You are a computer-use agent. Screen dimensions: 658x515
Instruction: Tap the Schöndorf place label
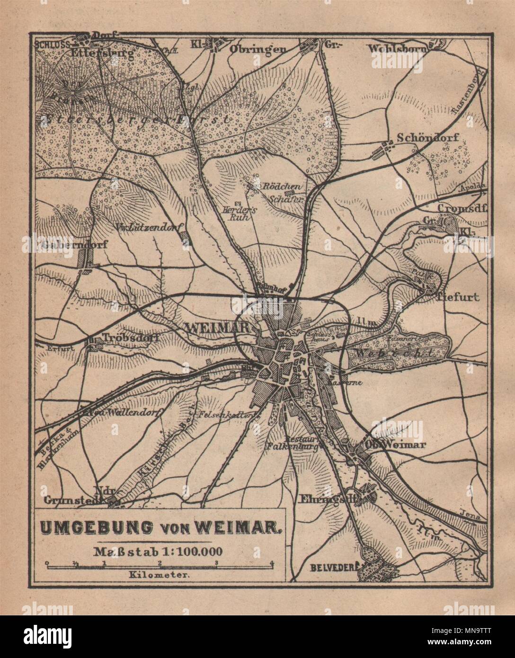pyautogui.click(x=428, y=138)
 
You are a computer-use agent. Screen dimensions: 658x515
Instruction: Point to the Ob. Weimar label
pyautogui.click(x=395, y=445)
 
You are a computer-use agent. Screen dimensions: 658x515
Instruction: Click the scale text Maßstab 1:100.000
pyautogui.click(x=159, y=551)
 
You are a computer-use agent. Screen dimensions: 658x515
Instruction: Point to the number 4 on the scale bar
pyautogui.click(x=272, y=563)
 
